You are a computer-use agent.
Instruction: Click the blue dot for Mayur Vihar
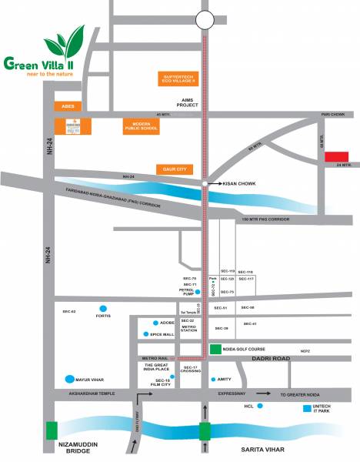pyautogui.click(x=72, y=379)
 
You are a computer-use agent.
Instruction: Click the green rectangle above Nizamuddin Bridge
pyautogui.click(x=52, y=430)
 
